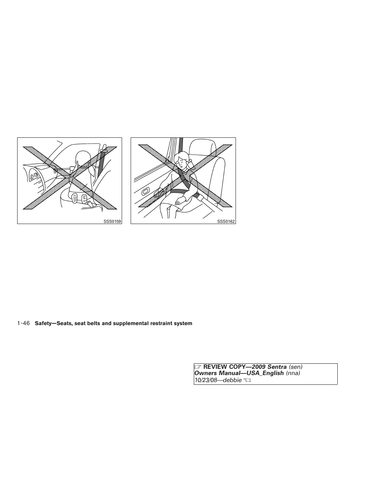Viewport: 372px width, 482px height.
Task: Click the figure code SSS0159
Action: coord(112,221)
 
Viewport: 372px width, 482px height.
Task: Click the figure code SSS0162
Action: coord(226,221)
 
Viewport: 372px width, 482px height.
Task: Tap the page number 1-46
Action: coord(24,323)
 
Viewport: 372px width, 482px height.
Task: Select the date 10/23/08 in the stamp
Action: coord(206,380)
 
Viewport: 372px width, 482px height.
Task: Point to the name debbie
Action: coord(232,380)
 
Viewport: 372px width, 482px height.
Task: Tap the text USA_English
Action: coord(266,374)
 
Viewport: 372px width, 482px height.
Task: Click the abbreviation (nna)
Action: coord(293,374)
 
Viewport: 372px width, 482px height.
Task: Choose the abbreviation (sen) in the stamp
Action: coord(296,367)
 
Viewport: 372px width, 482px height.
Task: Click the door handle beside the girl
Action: coord(145,191)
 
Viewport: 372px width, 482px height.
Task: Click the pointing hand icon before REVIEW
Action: coord(198,367)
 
